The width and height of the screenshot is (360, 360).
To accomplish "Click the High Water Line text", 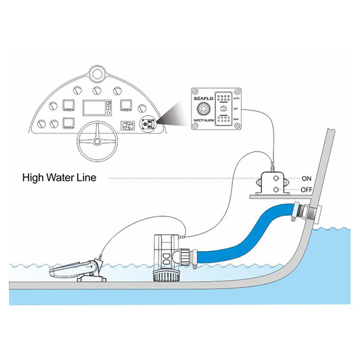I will click(x=59, y=177).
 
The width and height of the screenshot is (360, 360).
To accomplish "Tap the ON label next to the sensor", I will click(x=306, y=179).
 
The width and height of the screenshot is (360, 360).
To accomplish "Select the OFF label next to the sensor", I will click(x=306, y=190).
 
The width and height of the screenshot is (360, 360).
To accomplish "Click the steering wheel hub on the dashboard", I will click(x=96, y=142).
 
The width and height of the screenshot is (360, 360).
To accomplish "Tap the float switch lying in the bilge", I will click(x=72, y=270).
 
